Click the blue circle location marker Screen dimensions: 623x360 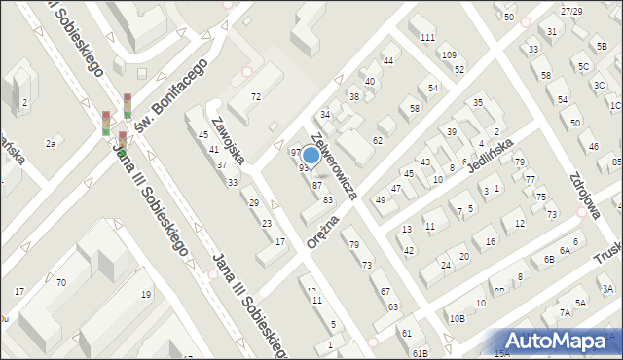pos(311,155)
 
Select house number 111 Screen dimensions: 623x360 pos(427,37)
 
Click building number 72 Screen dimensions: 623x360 pos(256,96)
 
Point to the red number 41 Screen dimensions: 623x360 pos(213,149)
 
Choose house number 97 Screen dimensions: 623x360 pos(296,153)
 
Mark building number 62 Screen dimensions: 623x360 pos(378,141)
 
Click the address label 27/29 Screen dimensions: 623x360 pos(571,11)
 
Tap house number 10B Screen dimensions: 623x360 pos(458,318)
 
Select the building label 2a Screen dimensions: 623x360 pos(51,143)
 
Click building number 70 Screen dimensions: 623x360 pos(60,282)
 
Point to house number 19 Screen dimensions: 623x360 pos(146,294)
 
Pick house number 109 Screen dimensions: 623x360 pos(448,54)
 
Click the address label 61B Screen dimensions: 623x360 pos(420,353)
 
